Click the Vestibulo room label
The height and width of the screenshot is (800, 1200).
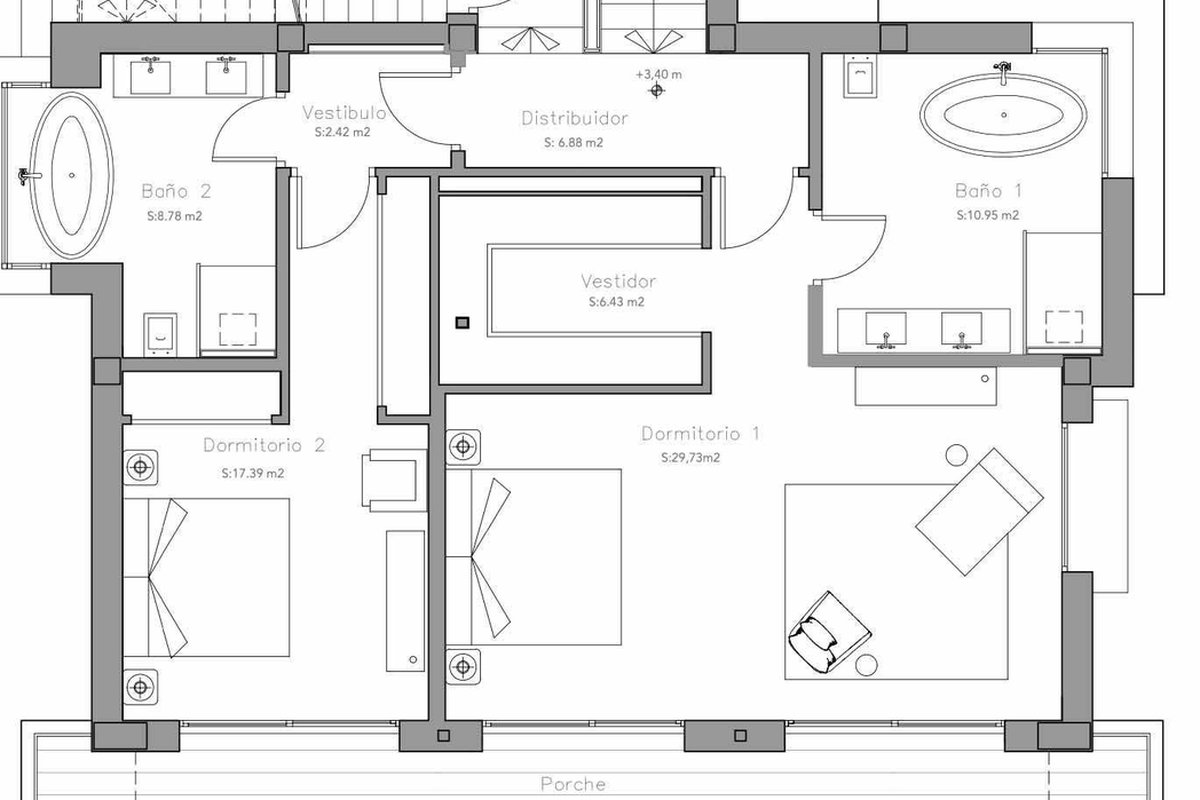(x=344, y=113)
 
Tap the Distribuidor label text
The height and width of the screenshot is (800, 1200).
(x=574, y=118)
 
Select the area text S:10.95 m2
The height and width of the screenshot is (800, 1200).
(x=988, y=215)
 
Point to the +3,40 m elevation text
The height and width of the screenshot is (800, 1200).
(x=659, y=74)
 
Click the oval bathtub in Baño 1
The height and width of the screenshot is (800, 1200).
(x=1003, y=115)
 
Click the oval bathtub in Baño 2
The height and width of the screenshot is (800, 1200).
(x=72, y=175)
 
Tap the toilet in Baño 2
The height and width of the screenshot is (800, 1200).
(x=160, y=334)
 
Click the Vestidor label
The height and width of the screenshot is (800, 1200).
(x=618, y=281)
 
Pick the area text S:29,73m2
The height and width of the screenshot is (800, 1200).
(x=691, y=458)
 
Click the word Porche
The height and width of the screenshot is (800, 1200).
(x=573, y=784)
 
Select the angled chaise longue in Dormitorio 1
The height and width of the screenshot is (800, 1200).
(x=980, y=512)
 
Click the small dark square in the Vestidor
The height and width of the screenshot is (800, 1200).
(x=462, y=323)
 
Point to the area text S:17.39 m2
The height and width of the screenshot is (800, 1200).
(x=253, y=473)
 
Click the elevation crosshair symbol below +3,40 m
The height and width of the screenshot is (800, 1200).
(x=657, y=91)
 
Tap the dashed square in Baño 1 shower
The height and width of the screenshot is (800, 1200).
(x=1064, y=327)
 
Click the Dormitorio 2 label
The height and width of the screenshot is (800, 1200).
(x=264, y=445)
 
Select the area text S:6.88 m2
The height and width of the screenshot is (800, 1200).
(x=574, y=143)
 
